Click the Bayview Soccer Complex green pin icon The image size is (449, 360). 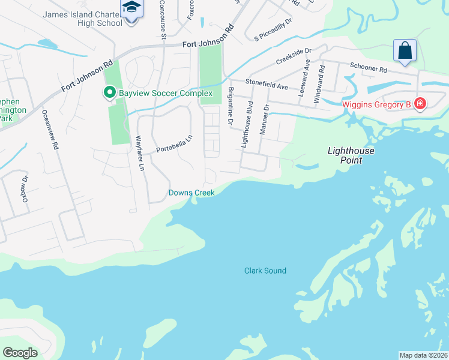[x=109, y=93]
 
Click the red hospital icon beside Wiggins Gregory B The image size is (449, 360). [x=420, y=104]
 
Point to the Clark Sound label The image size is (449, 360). [x=265, y=271]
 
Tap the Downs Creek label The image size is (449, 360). [x=191, y=193]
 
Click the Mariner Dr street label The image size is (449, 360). [x=264, y=119]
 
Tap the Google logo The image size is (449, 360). [x=20, y=352]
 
